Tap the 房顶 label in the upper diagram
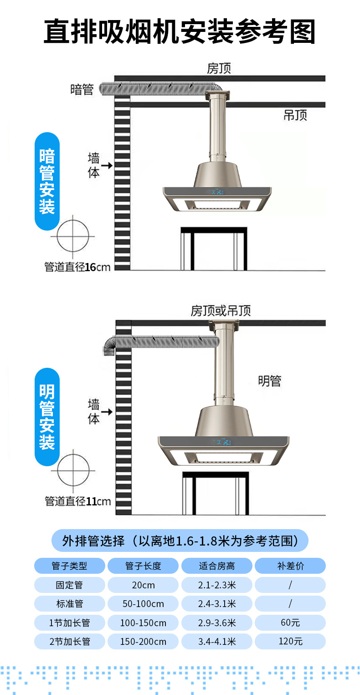[x=219, y=68]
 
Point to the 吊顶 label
[x=295, y=115]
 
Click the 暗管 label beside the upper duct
[x=82, y=89]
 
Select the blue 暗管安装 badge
[x=47, y=181]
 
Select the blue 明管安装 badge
[x=47, y=417]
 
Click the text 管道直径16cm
[x=77, y=267]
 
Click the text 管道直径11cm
[x=77, y=501]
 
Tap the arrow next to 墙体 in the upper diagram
[x=107, y=165]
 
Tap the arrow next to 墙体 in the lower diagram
[x=107, y=412]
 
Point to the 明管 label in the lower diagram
[x=270, y=381]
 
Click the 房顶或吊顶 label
[x=221, y=311]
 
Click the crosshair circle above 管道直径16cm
[x=72, y=237]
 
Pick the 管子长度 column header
[x=143, y=566]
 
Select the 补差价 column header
[x=290, y=566]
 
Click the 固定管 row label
[x=70, y=585]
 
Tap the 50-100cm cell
[x=143, y=604]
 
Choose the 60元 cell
[x=290, y=623]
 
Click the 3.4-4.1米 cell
[x=217, y=642]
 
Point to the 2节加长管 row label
[x=70, y=642]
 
